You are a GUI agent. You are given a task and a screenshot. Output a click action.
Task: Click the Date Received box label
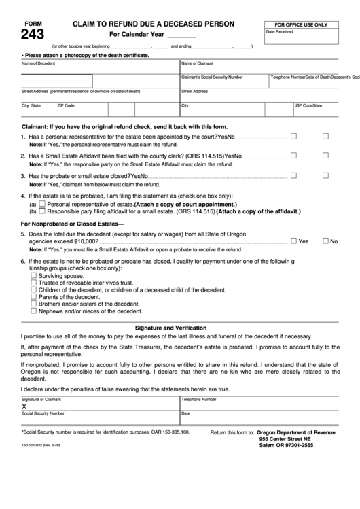pos(279,32)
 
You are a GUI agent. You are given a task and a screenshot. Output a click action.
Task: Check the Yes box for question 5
pos(293,241)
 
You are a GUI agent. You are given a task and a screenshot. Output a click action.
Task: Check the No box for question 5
pos(325,241)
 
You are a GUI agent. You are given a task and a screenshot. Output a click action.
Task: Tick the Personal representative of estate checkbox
pos(43,204)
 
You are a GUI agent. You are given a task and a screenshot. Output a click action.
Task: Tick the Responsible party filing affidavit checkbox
pos(43,211)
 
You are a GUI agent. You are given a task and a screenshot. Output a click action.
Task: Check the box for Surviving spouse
pos(34,276)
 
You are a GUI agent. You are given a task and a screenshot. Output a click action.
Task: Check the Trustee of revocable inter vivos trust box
pos(34,283)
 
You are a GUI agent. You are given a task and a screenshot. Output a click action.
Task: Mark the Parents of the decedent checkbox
pos(34,297)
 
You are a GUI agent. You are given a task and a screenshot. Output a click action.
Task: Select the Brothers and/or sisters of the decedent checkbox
pos(34,304)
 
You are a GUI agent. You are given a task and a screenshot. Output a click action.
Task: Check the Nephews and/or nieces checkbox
pos(34,311)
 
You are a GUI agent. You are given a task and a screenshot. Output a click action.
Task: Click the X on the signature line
pos(24,406)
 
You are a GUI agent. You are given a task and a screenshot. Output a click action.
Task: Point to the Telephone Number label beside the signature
pos(198,400)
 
